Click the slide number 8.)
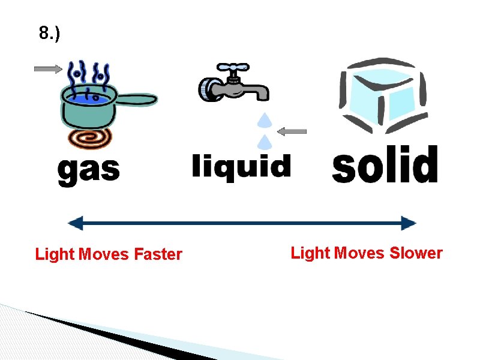(50, 34)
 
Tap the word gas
(88, 170)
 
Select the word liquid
(241, 165)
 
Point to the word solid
(385, 164)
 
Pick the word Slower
(416, 253)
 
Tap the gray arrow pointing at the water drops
(293, 131)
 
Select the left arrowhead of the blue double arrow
(74, 224)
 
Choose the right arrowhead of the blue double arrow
(409, 224)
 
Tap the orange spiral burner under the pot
(91, 139)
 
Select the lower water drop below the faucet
(262, 142)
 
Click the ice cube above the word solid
(382, 96)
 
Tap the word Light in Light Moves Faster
(55, 254)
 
